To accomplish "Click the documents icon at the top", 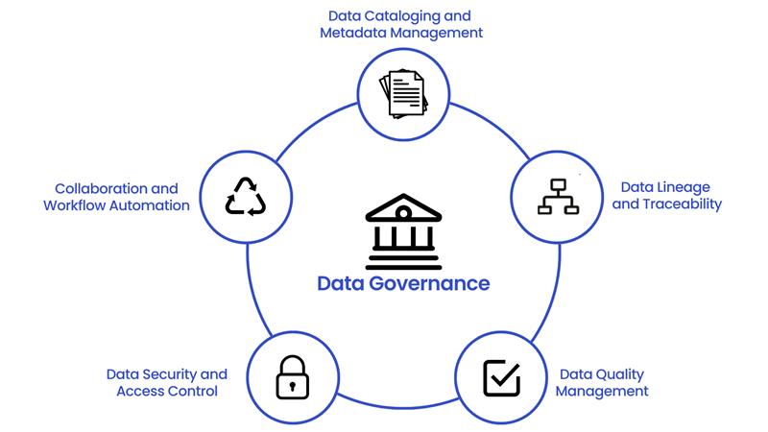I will pos(403,93).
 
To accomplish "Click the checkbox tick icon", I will pos(501,378).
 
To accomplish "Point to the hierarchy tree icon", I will pos(557,196).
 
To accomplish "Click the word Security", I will pos(168,373).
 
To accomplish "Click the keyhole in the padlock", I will pos(293,383).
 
